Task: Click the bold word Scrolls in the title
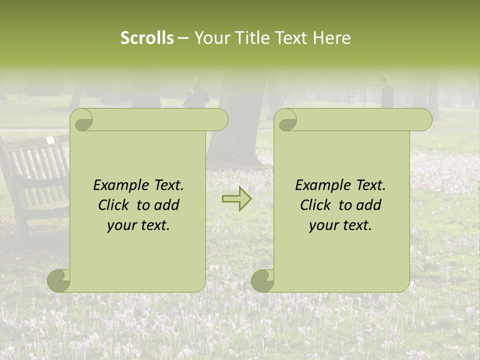click(x=147, y=38)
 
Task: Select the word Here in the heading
click(x=332, y=38)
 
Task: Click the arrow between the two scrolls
click(x=236, y=199)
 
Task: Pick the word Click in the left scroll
click(x=115, y=205)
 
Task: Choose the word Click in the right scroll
click(x=317, y=205)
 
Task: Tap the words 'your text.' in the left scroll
click(x=138, y=225)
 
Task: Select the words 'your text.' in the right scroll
click(x=340, y=225)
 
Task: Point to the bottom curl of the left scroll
click(x=59, y=280)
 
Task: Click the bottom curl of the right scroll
click(x=263, y=280)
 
